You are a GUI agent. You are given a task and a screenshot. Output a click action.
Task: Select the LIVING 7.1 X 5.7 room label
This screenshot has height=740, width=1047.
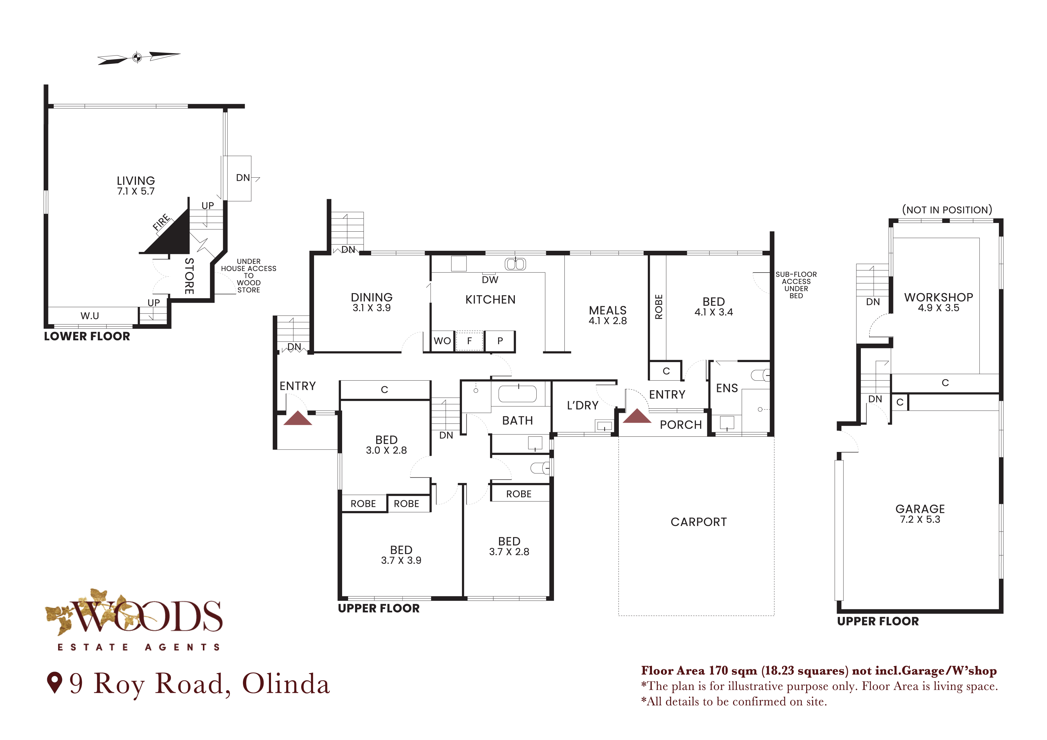(136, 185)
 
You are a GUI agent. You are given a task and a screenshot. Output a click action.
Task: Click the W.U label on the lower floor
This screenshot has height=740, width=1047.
(90, 316)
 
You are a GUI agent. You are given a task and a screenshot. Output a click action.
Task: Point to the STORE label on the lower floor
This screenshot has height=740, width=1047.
(189, 276)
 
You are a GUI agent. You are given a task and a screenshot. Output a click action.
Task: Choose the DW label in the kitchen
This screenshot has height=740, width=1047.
(490, 280)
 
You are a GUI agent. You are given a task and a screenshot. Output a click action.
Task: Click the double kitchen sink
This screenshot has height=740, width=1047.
(515, 264)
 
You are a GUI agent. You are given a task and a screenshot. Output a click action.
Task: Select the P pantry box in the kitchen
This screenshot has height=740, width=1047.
(500, 341)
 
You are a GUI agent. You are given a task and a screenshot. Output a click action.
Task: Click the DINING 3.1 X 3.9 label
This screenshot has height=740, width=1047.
(372, 302)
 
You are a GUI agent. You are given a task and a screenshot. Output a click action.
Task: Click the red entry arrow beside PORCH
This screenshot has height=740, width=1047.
(637, 416)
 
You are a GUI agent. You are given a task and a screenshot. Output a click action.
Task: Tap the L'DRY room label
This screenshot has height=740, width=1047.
(583, 406)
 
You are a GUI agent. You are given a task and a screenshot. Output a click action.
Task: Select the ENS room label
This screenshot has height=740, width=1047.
(727, 388)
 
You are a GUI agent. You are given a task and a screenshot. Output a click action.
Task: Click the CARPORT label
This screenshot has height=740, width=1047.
(699, 522)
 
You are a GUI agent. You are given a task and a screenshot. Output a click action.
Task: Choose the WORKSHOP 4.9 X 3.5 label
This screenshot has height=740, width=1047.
(939, 302)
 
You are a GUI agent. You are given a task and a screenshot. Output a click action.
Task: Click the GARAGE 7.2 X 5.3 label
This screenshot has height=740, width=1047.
(920, 513)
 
